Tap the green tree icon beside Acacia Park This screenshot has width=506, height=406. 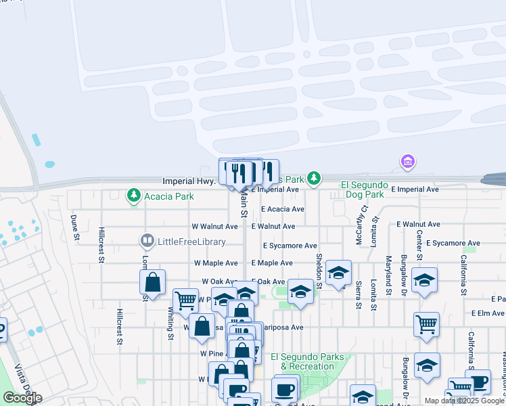pos(134,196)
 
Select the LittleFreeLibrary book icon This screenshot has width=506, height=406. pos(147,241)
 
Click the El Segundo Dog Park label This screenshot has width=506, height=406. pos(364,189)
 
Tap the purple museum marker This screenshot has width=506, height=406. pos(407,162)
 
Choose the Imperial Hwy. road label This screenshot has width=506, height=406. pos(189,181)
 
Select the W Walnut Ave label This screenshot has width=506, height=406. pos(215,227)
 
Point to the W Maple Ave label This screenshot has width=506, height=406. pos(216,263)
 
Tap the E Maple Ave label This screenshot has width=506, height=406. pos(272,263)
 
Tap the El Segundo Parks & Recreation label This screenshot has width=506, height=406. pos(302,361)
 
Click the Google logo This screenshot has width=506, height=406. pos(22,398)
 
